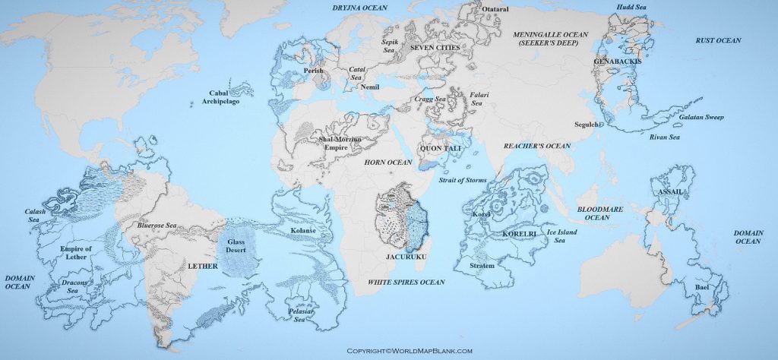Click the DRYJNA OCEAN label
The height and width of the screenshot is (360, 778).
click(360, 8)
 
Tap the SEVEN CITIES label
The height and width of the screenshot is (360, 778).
click(435, 47)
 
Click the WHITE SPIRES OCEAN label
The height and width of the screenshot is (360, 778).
click(406, 282)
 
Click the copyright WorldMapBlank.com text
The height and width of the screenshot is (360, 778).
click(410, 351)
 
